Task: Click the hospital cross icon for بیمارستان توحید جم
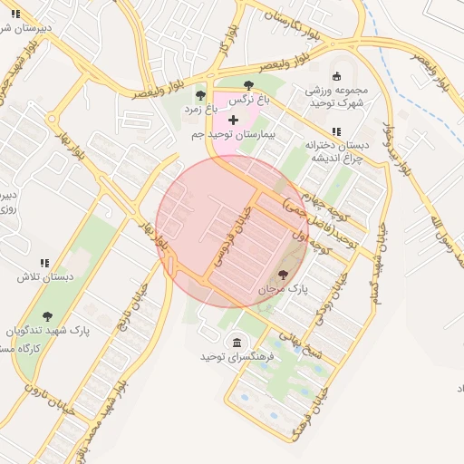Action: (234, 120)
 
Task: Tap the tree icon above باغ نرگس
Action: (248, 85)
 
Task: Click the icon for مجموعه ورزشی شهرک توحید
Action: (336, 76)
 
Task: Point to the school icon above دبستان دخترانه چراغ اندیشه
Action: (336, 131)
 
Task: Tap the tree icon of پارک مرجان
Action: (284, 274)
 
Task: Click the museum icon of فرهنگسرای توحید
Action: (237, 342)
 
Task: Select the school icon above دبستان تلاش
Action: (44, 264)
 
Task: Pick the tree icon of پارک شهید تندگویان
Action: (47, 316)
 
